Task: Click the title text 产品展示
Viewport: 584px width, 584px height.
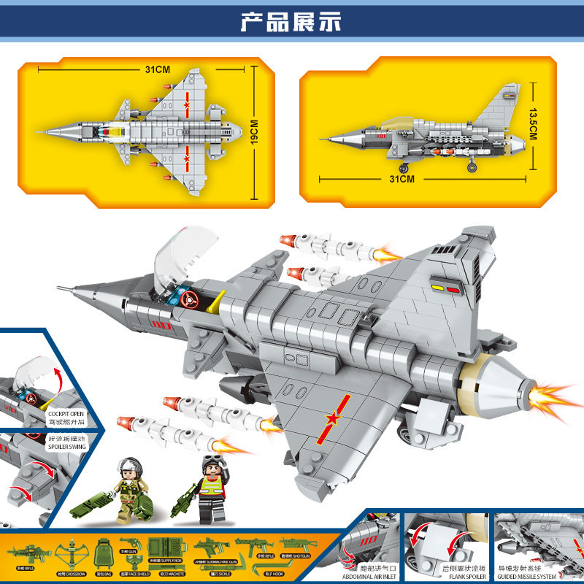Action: tap(291, 21)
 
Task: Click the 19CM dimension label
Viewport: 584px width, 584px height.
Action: tap(255, 133)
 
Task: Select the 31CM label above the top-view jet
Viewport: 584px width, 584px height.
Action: tap(157, 70)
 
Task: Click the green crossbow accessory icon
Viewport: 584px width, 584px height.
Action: tap(74, 547)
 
